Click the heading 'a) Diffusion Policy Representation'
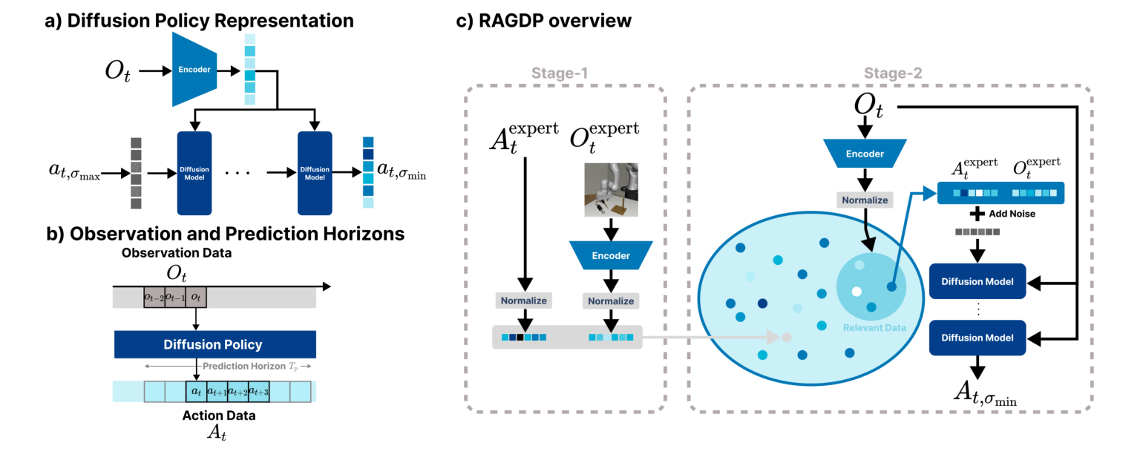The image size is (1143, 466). tap(199, 21)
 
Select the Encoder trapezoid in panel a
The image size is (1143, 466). tap(194, 70)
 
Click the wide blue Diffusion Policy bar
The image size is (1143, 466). tap(215, 345)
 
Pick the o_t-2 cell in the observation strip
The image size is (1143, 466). tap(154, 298)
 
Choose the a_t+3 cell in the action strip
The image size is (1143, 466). tap(258, 392)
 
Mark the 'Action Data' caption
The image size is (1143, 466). tap(218, 416)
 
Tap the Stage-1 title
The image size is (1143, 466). tap(566, 74)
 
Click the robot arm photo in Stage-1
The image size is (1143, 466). tap(611, 191)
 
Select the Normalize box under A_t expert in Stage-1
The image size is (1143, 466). tap(524, 301)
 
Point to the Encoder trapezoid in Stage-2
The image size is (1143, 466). tap(865, 154)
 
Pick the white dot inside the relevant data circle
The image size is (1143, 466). tap(857, 291)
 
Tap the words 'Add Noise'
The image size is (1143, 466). tap(1012, 214)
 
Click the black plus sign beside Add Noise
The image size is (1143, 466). tap(979, 214)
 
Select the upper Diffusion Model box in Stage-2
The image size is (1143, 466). tap(977, 281)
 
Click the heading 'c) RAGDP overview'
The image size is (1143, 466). tap(543, 21)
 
